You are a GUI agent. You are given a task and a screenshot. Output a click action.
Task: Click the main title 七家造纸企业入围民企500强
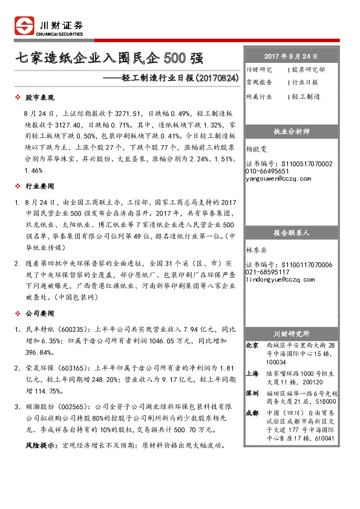(x=109, y=59)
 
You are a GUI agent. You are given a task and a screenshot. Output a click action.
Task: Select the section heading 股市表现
(x=39, y=97)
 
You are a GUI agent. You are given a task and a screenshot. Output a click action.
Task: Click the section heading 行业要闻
(x=39, y=186)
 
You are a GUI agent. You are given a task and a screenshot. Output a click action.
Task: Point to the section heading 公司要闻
(x=39, y=314)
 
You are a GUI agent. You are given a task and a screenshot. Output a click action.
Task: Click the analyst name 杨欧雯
(x=257, y=148)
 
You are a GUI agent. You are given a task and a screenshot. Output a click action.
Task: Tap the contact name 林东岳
(x=257, y=249)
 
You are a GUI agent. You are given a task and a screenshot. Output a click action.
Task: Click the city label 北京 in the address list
(x=252, y=345)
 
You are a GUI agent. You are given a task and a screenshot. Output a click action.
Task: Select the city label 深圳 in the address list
(x=252, y=393)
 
